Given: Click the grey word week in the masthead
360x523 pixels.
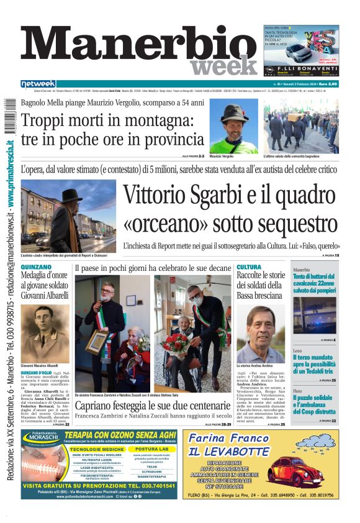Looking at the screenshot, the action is [x=223, y=66].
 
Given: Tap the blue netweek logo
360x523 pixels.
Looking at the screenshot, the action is [x=38, y=84].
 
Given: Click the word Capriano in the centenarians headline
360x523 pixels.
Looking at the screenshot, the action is [x=97, y=406].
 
